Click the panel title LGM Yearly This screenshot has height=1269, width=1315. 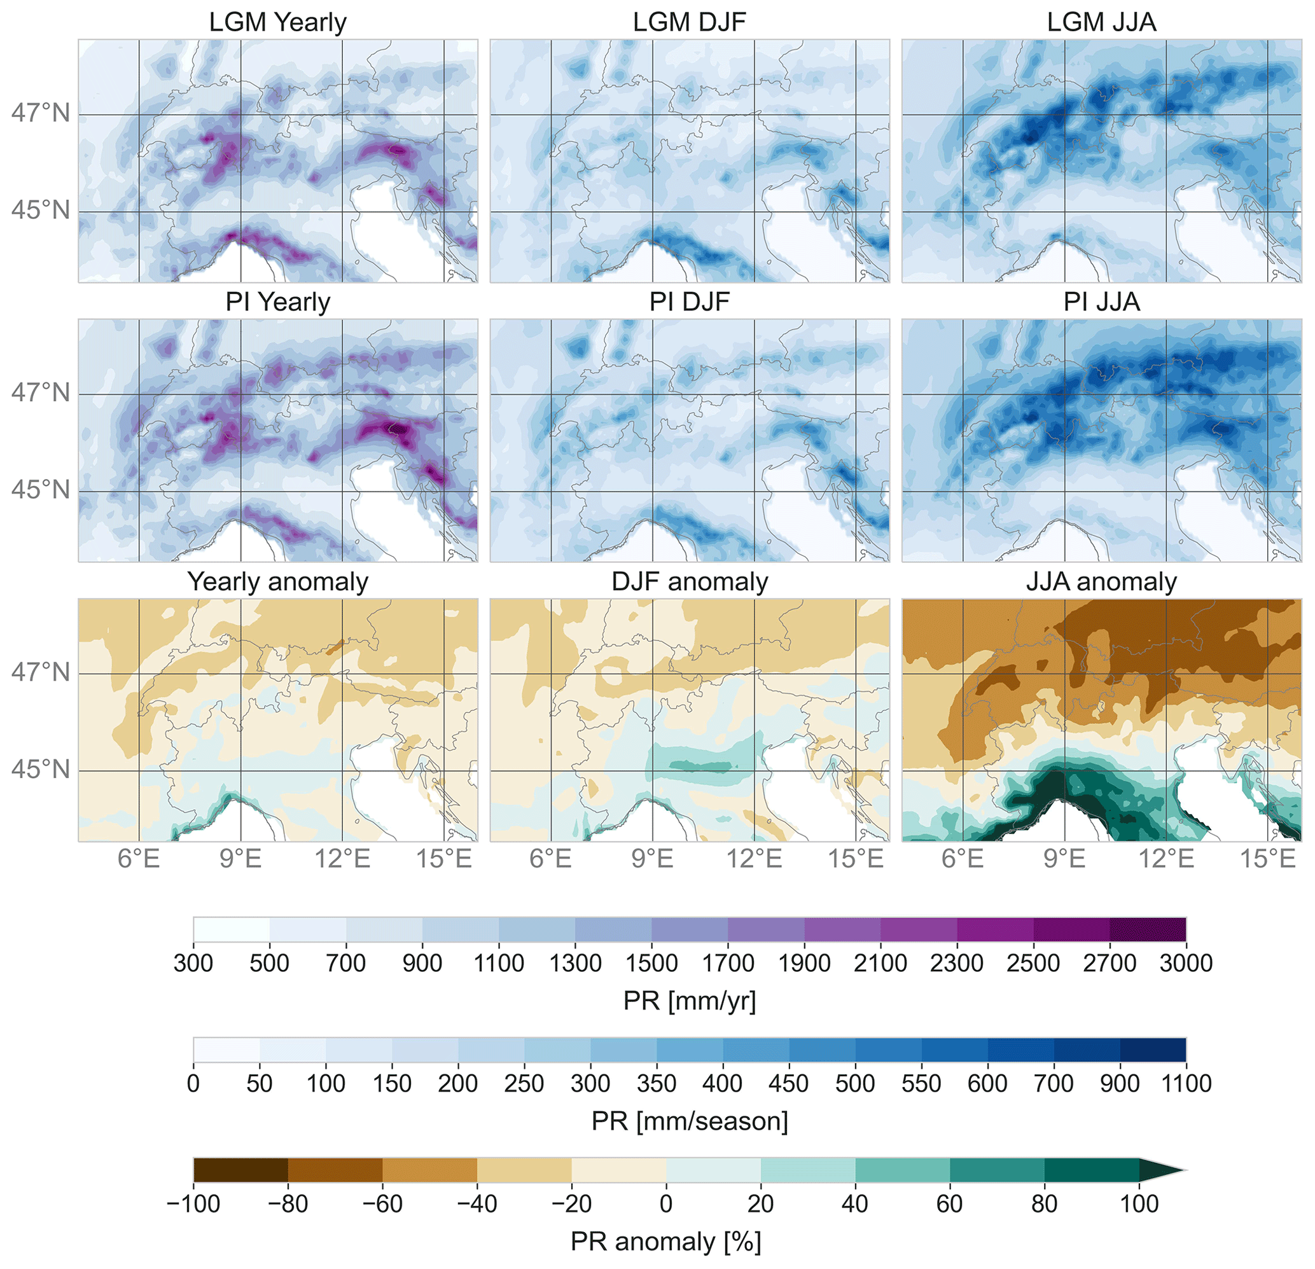278,22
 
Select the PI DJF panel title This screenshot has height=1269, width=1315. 689,302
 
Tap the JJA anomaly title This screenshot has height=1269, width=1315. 1101,581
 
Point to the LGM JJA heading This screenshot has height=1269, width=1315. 1101,22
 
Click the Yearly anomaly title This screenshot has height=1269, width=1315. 278,581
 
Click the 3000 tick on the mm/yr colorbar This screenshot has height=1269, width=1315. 1185,963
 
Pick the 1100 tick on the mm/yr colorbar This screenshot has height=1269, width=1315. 499,963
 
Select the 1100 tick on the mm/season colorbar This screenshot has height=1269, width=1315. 1185,1083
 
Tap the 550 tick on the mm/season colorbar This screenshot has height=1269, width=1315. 921,1083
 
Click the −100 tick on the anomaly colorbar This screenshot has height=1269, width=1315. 193,1203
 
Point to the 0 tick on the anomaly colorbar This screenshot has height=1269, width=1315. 665,1203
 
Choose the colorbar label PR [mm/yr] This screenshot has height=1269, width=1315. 689,1001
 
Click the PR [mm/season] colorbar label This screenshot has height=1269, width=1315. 689,1121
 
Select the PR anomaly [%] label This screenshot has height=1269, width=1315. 665,1242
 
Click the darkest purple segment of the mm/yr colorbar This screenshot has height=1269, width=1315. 1147,929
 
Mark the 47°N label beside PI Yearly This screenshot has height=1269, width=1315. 40,392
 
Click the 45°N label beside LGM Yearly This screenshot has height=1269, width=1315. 40,211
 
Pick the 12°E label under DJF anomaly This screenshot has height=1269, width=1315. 754,859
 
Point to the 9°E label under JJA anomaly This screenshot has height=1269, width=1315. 1064,859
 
